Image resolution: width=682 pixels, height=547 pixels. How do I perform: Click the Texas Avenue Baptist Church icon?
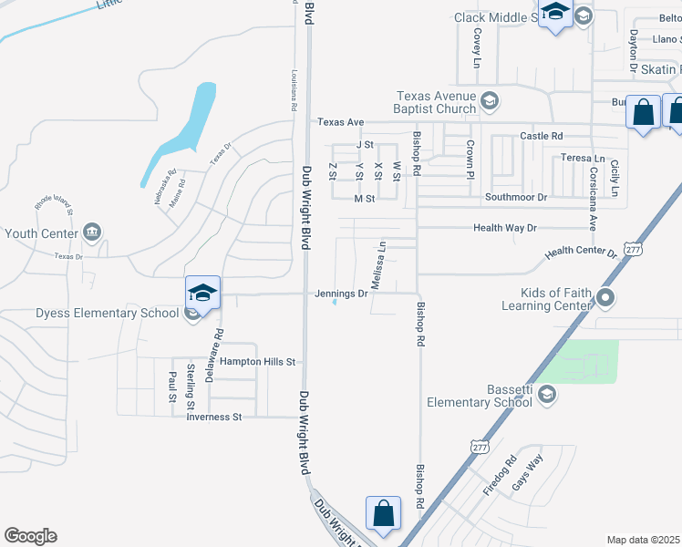[x=491, y=100]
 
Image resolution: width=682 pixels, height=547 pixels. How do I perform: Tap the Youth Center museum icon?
[x=92, y=233]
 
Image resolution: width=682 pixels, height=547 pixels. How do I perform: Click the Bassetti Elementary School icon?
[x=546, y=394]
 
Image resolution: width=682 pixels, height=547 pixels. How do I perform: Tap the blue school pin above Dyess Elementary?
[x=202, y=294]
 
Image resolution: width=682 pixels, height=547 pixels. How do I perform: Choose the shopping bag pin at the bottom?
[x=384, y=514]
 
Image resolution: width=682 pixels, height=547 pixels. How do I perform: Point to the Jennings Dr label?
[x=341, y=294]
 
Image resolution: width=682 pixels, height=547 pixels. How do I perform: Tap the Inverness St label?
[x=213, y=418]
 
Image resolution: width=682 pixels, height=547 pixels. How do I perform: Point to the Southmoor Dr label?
[x=516, y=197]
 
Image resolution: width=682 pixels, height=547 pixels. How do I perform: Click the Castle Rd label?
[x=542, y=136]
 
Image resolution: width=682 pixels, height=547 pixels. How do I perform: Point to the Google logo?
[x=30, y=536]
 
